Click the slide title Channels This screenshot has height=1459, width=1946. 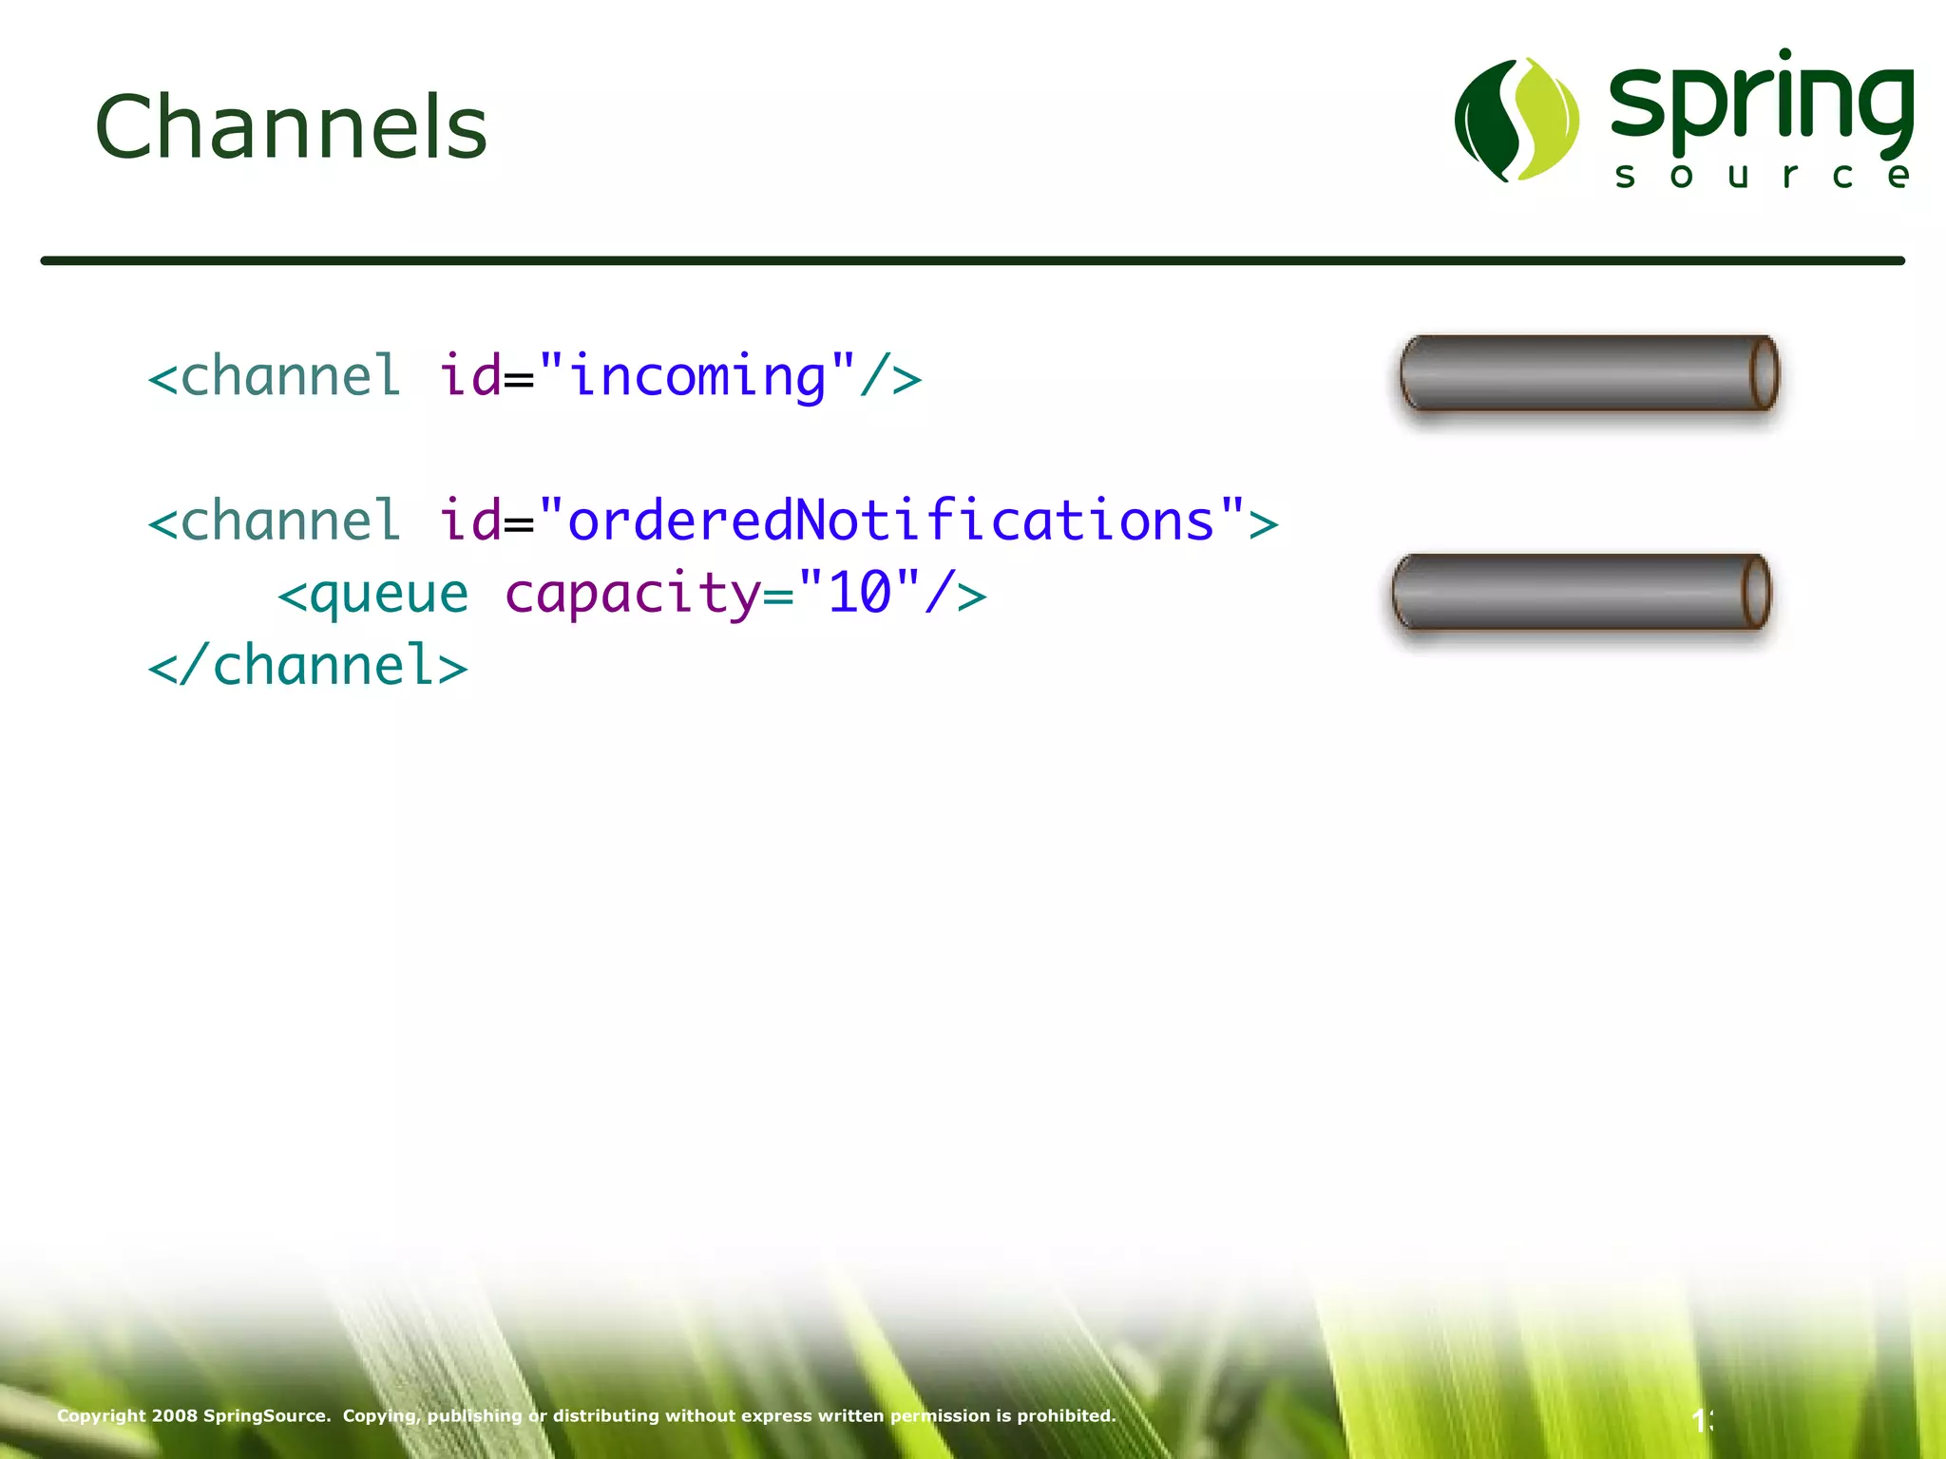click(291, 127)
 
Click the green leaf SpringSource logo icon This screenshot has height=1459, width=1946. click(1517, 120)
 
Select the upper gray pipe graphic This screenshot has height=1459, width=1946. click(1577, 373)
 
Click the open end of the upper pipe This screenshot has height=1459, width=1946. click(1764, 373)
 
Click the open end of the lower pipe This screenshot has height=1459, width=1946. click(1756, 592)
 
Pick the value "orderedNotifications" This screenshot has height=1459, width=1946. click(890, 521)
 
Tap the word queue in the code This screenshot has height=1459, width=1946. click(389, 595)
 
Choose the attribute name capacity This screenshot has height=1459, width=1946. click(633, 595)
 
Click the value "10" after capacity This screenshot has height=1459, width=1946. click(859, 593)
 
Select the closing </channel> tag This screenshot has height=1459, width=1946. click(308, 665)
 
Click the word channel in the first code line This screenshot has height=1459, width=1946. click(289, 376)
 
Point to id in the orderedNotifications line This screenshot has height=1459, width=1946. click(469, 521)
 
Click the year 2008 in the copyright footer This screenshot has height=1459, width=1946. click(175, 1416)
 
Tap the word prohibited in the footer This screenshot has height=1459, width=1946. click(1065, 1416)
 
